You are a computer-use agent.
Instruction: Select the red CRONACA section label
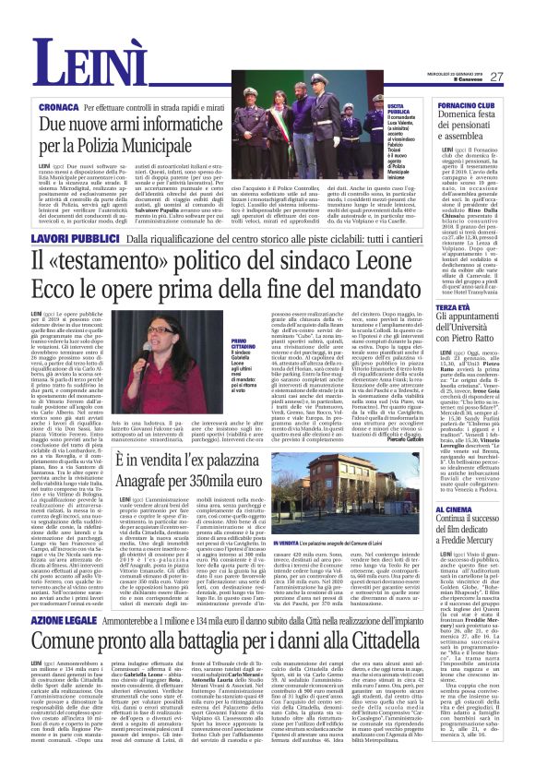pos(57,108)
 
